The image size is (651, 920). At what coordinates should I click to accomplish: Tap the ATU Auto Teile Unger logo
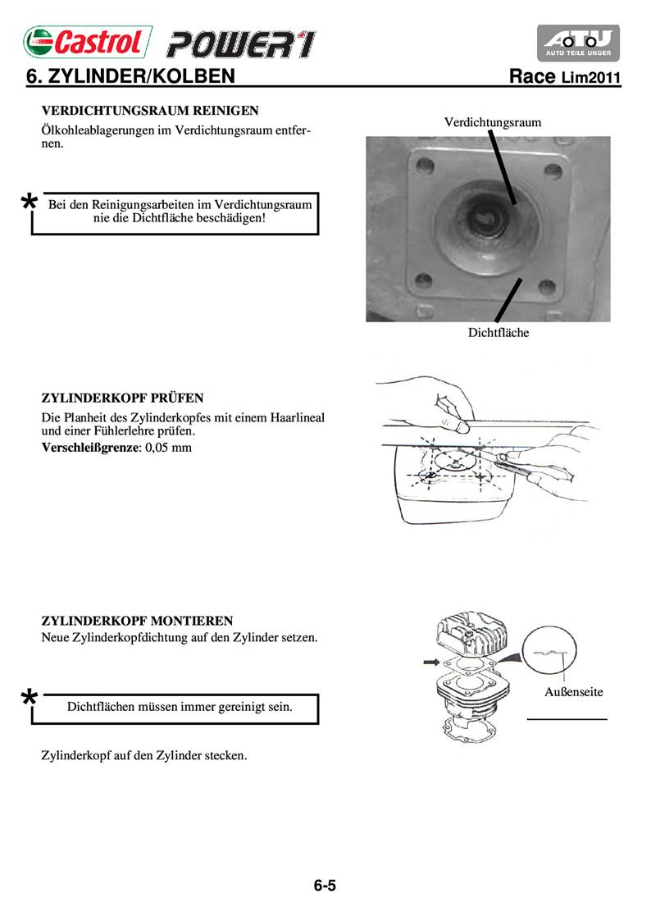click(x=579, y=43)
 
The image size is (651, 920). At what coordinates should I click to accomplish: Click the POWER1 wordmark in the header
click(x=240, y=43)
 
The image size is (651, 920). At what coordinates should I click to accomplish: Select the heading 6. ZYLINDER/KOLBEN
click(x=131, y=77)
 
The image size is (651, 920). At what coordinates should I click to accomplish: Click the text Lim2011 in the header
click(x=590, y=79)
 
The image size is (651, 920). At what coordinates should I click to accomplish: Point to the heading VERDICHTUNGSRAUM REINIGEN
click(x=150, y=110)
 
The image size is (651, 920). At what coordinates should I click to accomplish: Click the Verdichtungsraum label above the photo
click(x=493, y=122)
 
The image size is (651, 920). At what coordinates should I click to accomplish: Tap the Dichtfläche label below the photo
click(x=498, y=332)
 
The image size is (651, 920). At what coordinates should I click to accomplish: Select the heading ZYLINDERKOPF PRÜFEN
click(x=123, y=399)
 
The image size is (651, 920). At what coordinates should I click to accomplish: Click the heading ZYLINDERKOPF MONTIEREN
click(x=137, y=621)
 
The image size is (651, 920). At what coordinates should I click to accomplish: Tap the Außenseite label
click(x=574, y=691)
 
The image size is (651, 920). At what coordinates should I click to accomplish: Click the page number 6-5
click(x=325, y=886)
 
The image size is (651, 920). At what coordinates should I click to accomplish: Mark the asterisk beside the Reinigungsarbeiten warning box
click(x=29, y=202)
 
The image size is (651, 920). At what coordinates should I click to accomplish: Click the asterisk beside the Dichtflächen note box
click(x=29, y=698)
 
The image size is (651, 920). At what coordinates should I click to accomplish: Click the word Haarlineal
click(x=293, y=417)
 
